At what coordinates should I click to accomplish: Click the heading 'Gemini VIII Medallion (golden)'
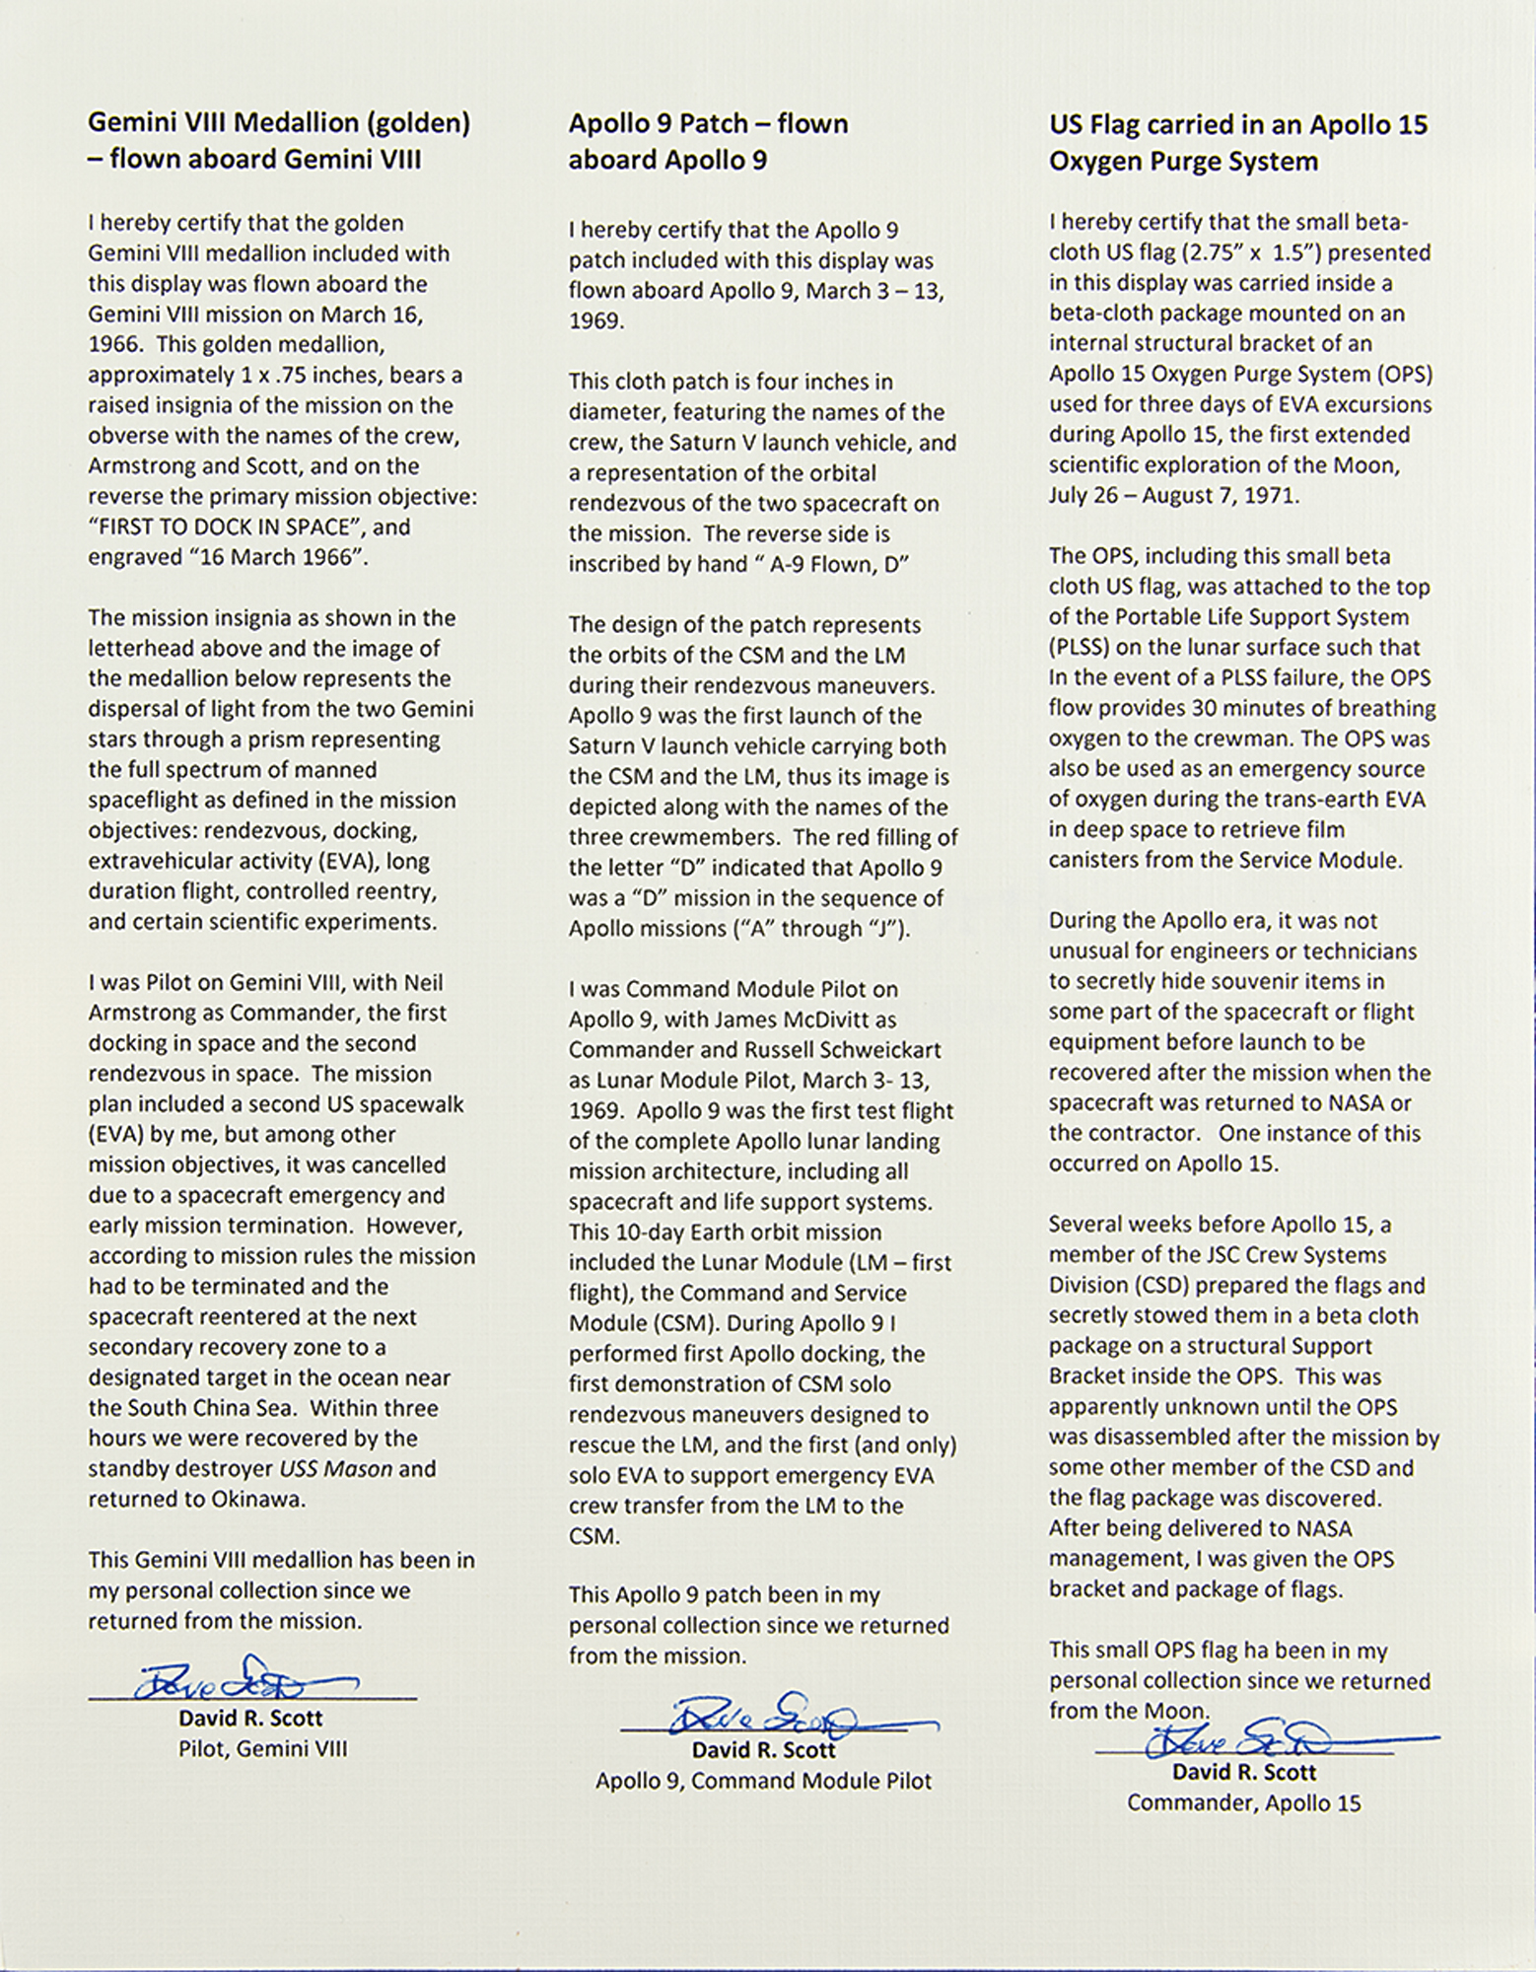[x=279, y=123]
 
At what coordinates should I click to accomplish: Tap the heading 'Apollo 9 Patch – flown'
[x=708, y=123]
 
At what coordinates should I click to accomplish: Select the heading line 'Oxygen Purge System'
[x=1183, y=161]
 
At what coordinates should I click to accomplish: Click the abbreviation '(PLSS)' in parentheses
[x=1082, y=648]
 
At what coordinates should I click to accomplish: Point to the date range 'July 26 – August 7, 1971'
[x=1172, y=496]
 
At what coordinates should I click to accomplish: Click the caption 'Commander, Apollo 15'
[x=1243, y=1802]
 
